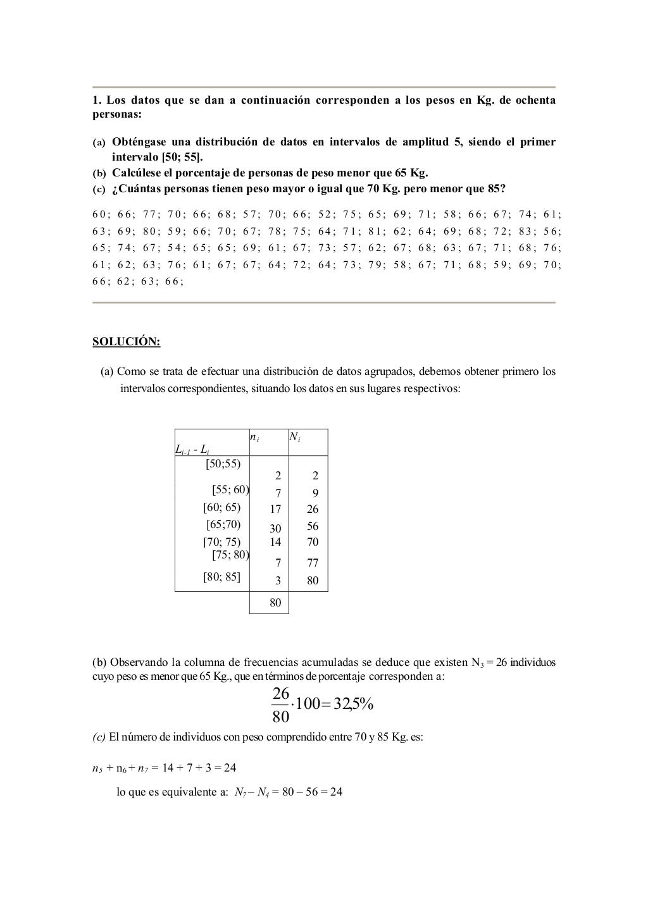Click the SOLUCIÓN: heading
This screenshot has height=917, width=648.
[x=127, y=342]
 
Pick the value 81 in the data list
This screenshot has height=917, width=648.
[x=375, y=231]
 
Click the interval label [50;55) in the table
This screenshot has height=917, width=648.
[x=223, y=464]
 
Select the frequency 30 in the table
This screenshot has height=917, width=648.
[x=275, y=528]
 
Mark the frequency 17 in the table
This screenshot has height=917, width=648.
[x=275, y=509]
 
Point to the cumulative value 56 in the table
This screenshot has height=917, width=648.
[x=313, y=526]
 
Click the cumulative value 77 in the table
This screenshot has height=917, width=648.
[x=313, y=563]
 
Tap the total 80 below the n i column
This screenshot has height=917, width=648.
[x=275, y=603]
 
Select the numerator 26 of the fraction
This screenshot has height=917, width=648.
[x=280, y=694]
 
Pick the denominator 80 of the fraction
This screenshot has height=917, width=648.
[x=280, y=717]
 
